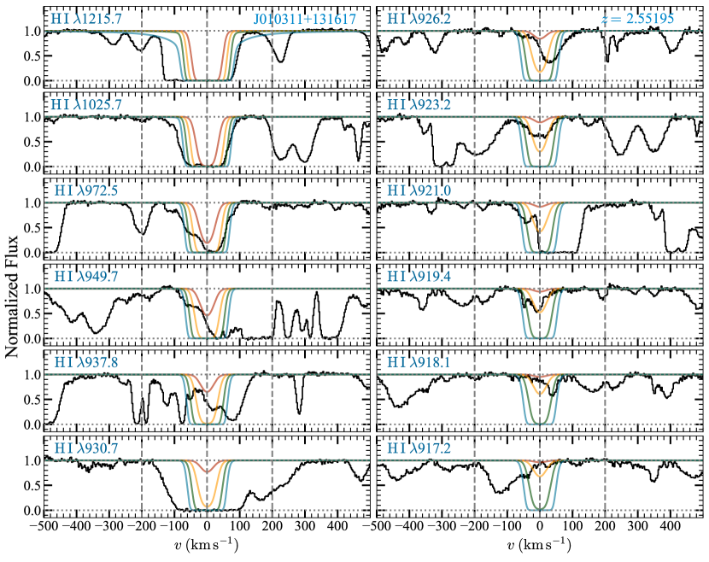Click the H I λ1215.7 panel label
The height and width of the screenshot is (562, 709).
coord(86,18)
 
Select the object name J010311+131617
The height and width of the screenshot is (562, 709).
coord(305,19)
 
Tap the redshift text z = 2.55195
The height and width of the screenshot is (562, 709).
coord(639,18)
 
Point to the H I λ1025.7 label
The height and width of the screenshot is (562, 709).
coord(86,104)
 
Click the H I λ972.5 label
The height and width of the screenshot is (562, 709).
coord(84,190)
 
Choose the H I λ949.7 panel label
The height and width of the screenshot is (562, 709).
coord(84,277)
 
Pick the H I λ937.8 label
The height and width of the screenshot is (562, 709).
coord(84,362)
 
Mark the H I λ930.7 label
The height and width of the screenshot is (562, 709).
coord(84,448)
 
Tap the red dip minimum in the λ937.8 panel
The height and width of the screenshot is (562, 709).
coord(207,392)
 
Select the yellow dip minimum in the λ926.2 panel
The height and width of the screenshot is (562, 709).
coord(539,71)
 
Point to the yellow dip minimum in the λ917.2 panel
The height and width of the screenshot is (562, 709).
coord(539,476)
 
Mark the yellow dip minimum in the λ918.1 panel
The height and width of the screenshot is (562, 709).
coord(539,394)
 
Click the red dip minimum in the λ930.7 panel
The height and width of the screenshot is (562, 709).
coord(207,472)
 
